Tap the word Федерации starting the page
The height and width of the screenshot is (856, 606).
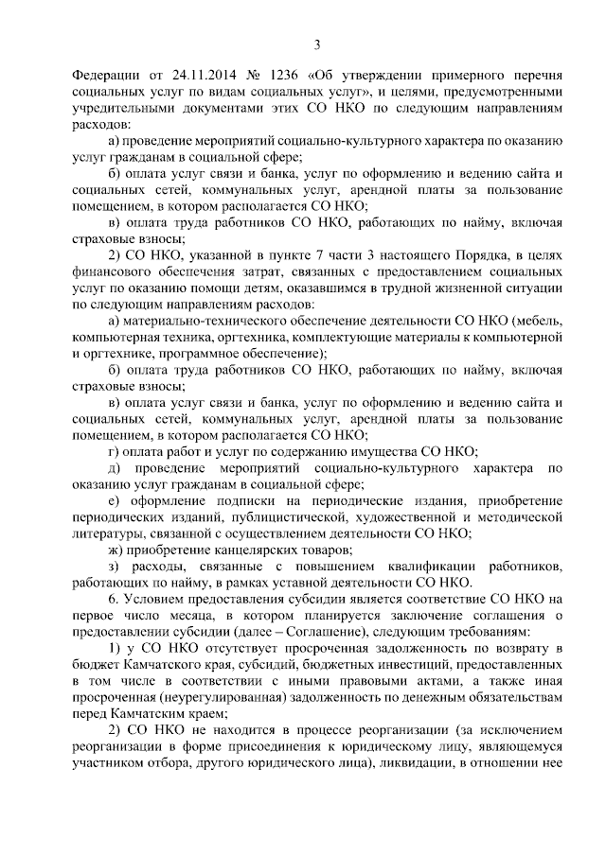[x=106, y=75]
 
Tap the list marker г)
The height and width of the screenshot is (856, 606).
[x=114, y=452]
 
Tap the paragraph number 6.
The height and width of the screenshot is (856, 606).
[x=114, y=601]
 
